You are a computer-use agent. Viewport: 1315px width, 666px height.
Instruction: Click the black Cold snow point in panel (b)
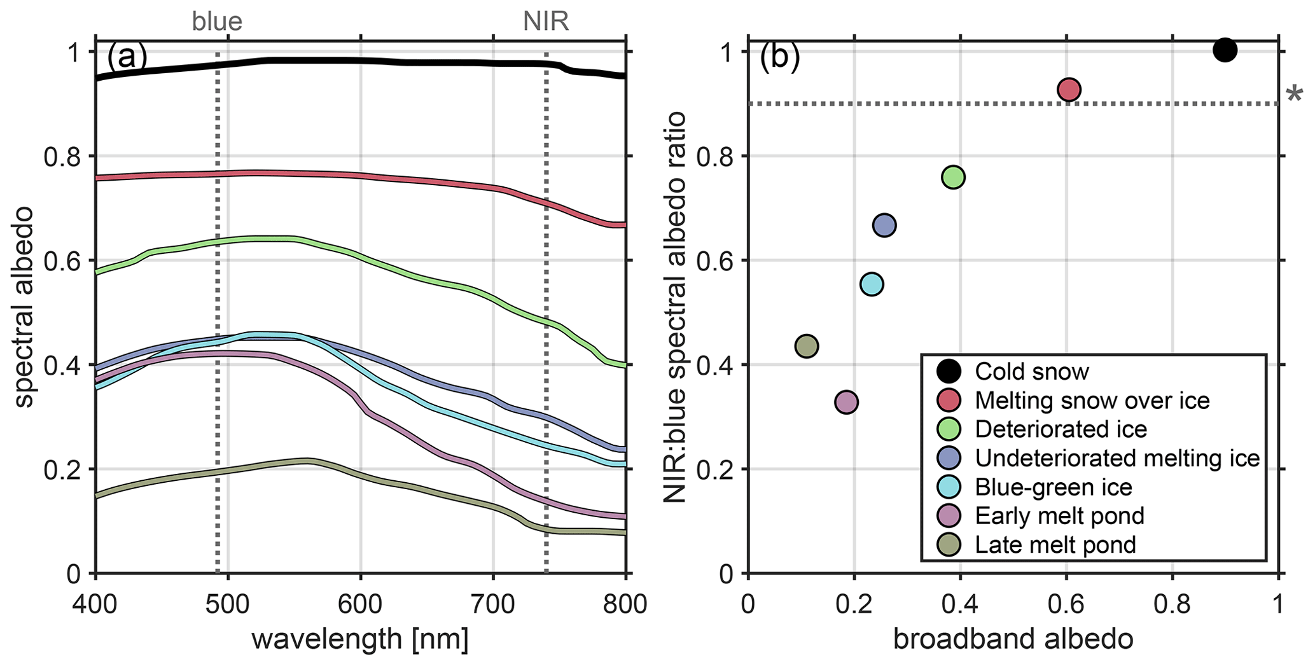[1225, 50]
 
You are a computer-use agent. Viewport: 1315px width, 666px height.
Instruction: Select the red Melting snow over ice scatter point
[1069, 90]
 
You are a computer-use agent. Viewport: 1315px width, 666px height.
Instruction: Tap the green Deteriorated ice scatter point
[953, 177]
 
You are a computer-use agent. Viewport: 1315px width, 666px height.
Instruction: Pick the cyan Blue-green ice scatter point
[872, 284]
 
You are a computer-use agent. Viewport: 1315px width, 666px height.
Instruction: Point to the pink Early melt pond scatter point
[846, 402]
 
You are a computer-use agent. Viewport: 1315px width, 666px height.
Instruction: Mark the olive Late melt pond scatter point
[807, 346]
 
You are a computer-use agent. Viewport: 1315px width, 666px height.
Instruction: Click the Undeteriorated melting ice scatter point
[884, 225]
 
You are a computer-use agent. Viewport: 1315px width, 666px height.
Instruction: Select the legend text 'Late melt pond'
[1055, 545]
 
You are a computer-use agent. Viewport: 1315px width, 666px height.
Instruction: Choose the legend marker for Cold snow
[949, 371]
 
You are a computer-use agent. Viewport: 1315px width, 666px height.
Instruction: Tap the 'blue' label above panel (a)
[217, 22]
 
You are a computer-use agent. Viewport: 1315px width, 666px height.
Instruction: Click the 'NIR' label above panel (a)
[546, 22]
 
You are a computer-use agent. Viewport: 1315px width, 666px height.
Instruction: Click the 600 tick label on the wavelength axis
[361, 604]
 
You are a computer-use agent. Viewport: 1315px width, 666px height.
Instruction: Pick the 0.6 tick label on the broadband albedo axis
[1066, 604]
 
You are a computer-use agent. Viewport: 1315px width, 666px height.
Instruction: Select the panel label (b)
[779, 57]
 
